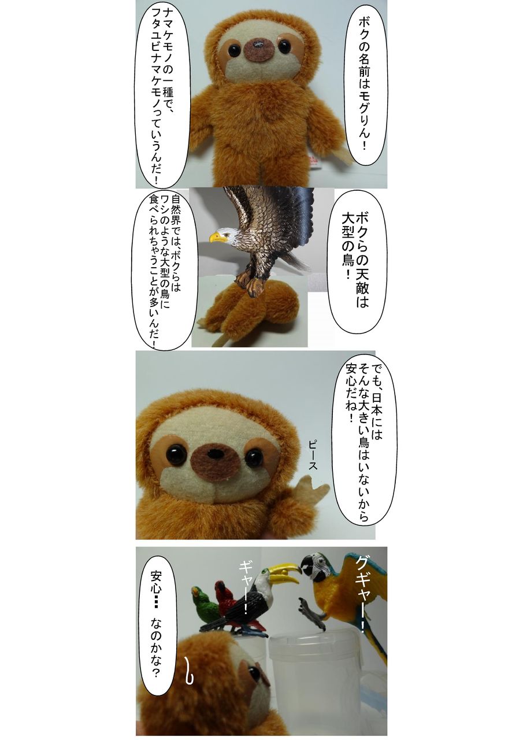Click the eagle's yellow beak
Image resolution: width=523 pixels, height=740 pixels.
click(215, 236)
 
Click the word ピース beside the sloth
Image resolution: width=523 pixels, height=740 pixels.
click(312, 454)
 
